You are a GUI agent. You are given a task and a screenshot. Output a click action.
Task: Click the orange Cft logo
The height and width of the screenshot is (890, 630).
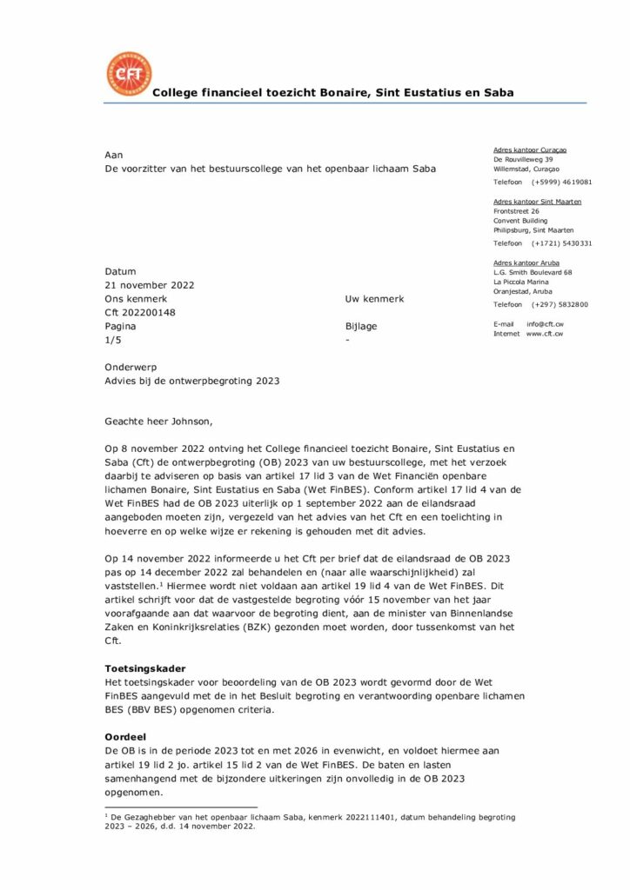128,75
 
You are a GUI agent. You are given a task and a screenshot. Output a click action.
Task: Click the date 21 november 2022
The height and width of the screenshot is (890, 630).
149,285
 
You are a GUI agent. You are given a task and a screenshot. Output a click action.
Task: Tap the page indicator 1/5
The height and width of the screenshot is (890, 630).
114,340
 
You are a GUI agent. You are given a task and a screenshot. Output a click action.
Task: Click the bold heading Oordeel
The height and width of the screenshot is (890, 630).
124,736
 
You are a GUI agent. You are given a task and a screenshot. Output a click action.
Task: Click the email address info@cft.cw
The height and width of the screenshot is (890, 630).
545,323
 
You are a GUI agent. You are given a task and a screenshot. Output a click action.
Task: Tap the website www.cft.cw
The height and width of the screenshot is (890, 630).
545,334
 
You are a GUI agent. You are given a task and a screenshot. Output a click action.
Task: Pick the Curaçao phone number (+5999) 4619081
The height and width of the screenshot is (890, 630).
562,183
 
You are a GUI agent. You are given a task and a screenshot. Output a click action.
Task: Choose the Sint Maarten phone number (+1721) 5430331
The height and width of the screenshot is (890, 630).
562,243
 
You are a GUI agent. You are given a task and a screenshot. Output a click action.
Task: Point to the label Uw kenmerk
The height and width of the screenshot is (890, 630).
374,299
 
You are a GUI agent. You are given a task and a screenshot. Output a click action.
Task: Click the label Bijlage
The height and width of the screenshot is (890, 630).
361,327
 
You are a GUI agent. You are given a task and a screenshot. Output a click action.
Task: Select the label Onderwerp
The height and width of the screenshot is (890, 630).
131,368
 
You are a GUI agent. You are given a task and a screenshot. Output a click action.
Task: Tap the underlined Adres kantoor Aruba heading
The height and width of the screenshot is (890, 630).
526,262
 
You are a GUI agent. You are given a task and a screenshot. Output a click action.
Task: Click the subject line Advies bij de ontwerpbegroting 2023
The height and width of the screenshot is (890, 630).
192,381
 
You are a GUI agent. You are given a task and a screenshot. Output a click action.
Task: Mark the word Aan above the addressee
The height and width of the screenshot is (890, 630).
114,155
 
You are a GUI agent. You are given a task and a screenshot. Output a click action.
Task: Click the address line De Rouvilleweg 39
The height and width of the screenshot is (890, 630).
523,160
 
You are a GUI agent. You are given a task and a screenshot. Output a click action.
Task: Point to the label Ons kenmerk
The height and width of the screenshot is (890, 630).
135,299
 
